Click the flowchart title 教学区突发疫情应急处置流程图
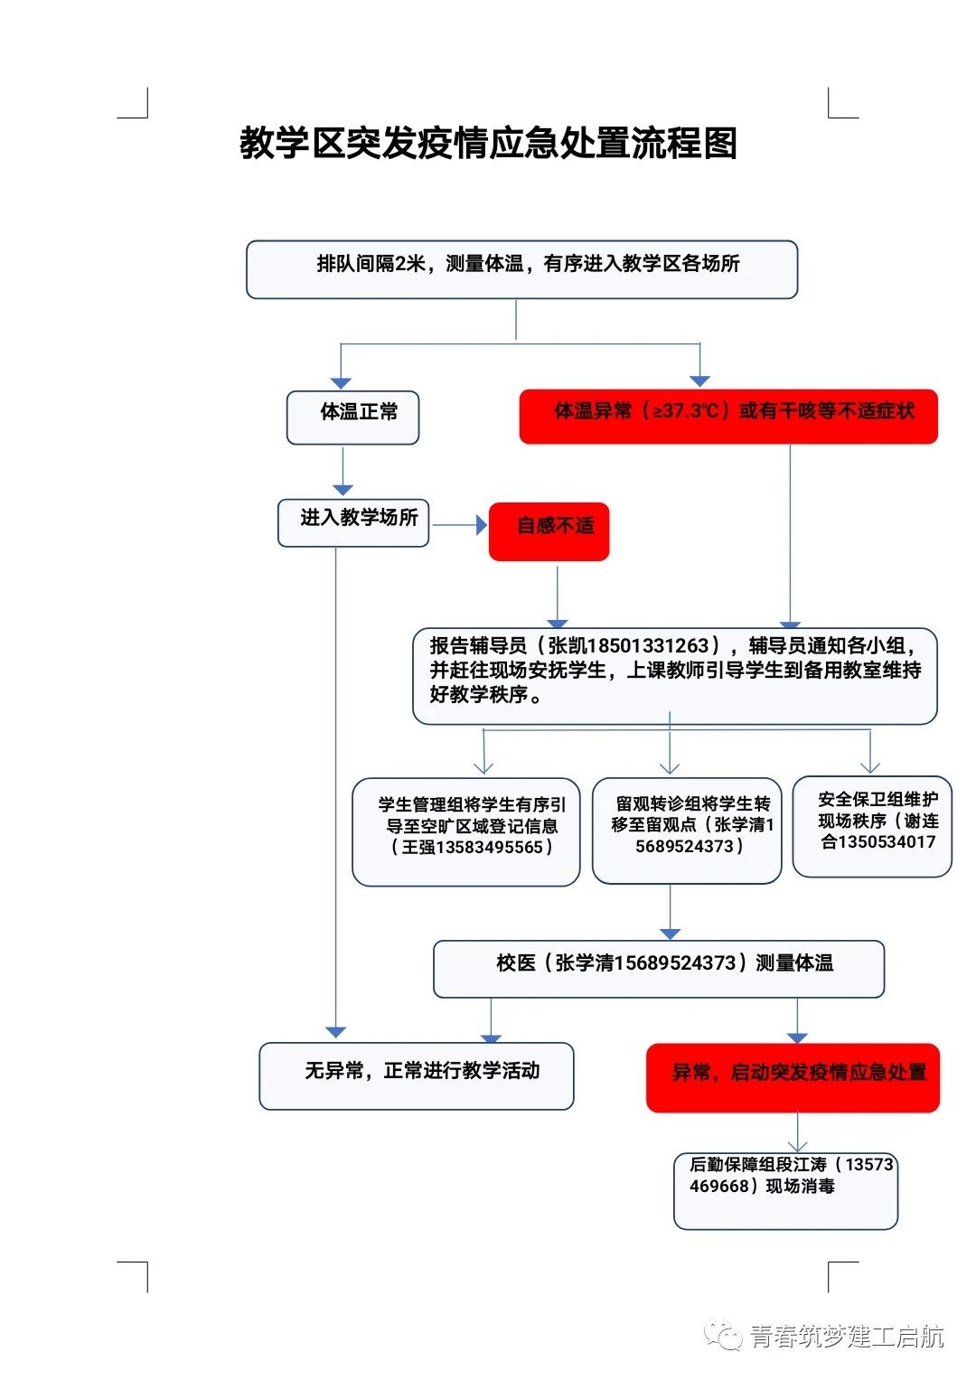point(488,143)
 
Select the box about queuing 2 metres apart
point(521,268)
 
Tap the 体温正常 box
point(352,417)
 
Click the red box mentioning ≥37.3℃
point(728,416)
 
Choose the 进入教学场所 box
point(353,522)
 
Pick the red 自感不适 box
point(549,530)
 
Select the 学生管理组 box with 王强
point(465,831)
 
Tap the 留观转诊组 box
point(687,830)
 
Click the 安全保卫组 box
point(872,825)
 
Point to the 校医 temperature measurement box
point(659,968)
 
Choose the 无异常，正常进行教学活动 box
point(417,1075)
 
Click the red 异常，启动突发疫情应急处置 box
point(793,1077)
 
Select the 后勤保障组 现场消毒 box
point(785,1190)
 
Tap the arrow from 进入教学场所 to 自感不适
point(459,524)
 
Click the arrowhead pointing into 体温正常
point(341,382)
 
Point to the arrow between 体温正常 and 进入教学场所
point(343,473)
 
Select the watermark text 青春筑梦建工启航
point(846,1337)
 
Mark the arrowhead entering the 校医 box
point(670,933)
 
